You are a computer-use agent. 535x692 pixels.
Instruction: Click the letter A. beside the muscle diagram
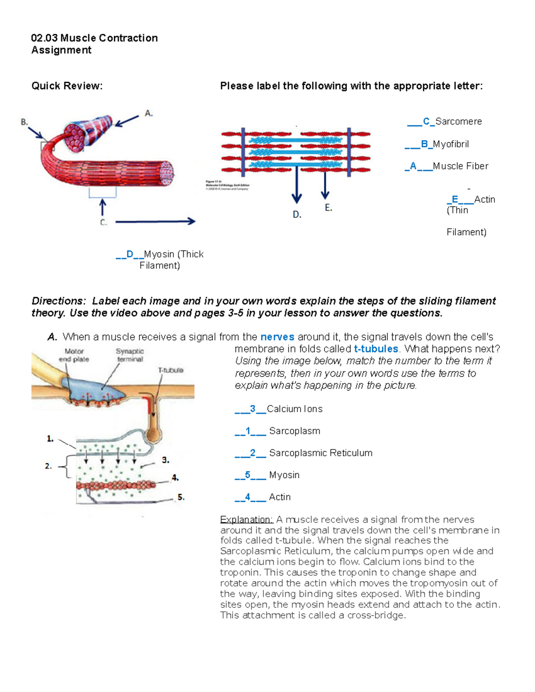pos(149,114)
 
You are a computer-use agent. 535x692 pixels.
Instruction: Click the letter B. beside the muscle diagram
pos(25,122)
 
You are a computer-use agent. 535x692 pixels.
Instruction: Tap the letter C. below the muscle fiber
pos(103,222)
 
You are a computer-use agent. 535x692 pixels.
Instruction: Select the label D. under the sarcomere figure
pos(297,215)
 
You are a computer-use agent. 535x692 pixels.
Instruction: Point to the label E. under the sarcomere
pos(329,208)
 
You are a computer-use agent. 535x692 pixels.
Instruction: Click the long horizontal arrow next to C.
pos(155,221)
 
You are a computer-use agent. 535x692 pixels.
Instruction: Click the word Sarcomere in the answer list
pos(458,122)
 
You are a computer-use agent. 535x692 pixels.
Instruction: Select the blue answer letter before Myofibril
pos(424,144)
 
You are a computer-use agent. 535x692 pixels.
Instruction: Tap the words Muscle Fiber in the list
pos(461,166)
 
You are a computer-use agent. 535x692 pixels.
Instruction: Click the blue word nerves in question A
pos(277,337)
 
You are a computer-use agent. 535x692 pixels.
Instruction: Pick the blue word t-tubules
pos(376,349)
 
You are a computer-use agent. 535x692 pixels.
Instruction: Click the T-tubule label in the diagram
pos(171,370)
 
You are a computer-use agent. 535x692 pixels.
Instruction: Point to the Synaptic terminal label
pos(130,355)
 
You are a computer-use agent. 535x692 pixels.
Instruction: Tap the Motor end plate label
pos(74,355)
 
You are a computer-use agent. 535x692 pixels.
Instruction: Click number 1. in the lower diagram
pos(50,439)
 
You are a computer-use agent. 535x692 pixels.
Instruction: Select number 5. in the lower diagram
pos(181,497)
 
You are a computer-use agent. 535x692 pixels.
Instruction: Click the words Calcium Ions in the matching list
pos(294,409)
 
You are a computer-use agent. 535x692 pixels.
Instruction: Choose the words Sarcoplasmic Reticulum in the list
pos(321,453)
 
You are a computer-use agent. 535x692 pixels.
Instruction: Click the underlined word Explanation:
pos(246,520)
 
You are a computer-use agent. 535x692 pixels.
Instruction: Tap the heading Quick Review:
pos(67,86)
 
